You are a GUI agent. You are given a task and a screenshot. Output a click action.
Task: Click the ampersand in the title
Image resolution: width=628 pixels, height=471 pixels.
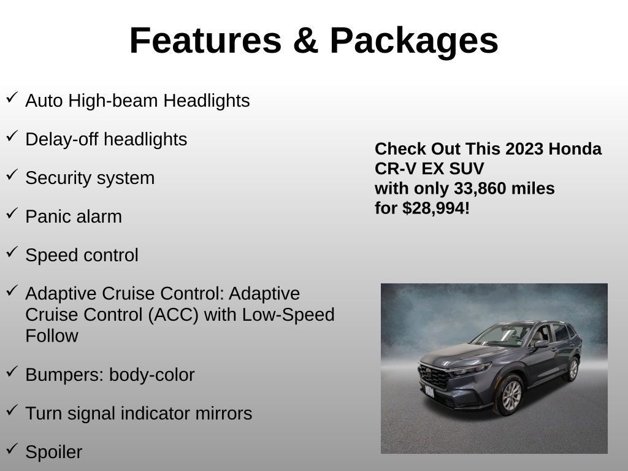tap(305, 40)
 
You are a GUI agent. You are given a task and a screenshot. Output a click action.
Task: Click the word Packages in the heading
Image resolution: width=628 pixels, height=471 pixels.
tap(414, 41)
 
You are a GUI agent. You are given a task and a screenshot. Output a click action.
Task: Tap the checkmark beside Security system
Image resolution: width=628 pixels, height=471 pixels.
tap(12, 174)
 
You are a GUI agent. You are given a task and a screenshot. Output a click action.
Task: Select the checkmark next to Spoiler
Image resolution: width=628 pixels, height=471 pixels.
tap(12, 448)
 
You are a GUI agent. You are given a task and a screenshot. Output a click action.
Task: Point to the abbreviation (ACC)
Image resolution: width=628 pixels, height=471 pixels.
tap(173, 315)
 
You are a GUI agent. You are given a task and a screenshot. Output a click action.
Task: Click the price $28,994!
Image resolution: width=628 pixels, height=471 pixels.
tap(436, 209)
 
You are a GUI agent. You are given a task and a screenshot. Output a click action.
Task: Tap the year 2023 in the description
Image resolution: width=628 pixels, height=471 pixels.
tap(524, 149)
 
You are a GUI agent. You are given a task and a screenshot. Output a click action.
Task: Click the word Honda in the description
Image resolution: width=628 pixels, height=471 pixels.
tap(575, 149)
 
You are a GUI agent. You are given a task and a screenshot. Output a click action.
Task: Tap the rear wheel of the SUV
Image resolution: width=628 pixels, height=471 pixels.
tap(573, 370)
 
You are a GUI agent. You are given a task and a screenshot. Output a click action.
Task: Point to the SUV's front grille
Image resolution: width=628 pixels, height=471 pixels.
tap(434, 376)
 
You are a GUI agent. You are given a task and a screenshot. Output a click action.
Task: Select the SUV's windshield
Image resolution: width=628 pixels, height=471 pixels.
tap(503, 335)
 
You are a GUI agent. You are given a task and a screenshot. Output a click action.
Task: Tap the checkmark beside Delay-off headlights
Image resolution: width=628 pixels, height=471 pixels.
tap(12, 136)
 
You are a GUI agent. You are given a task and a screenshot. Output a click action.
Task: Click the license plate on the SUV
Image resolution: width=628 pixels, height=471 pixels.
tap(429, 391)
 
